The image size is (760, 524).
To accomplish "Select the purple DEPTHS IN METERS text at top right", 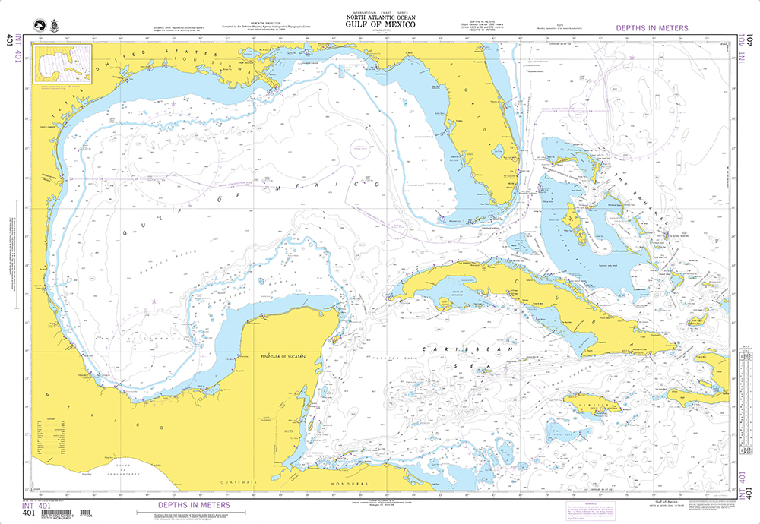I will pos(651,28).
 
